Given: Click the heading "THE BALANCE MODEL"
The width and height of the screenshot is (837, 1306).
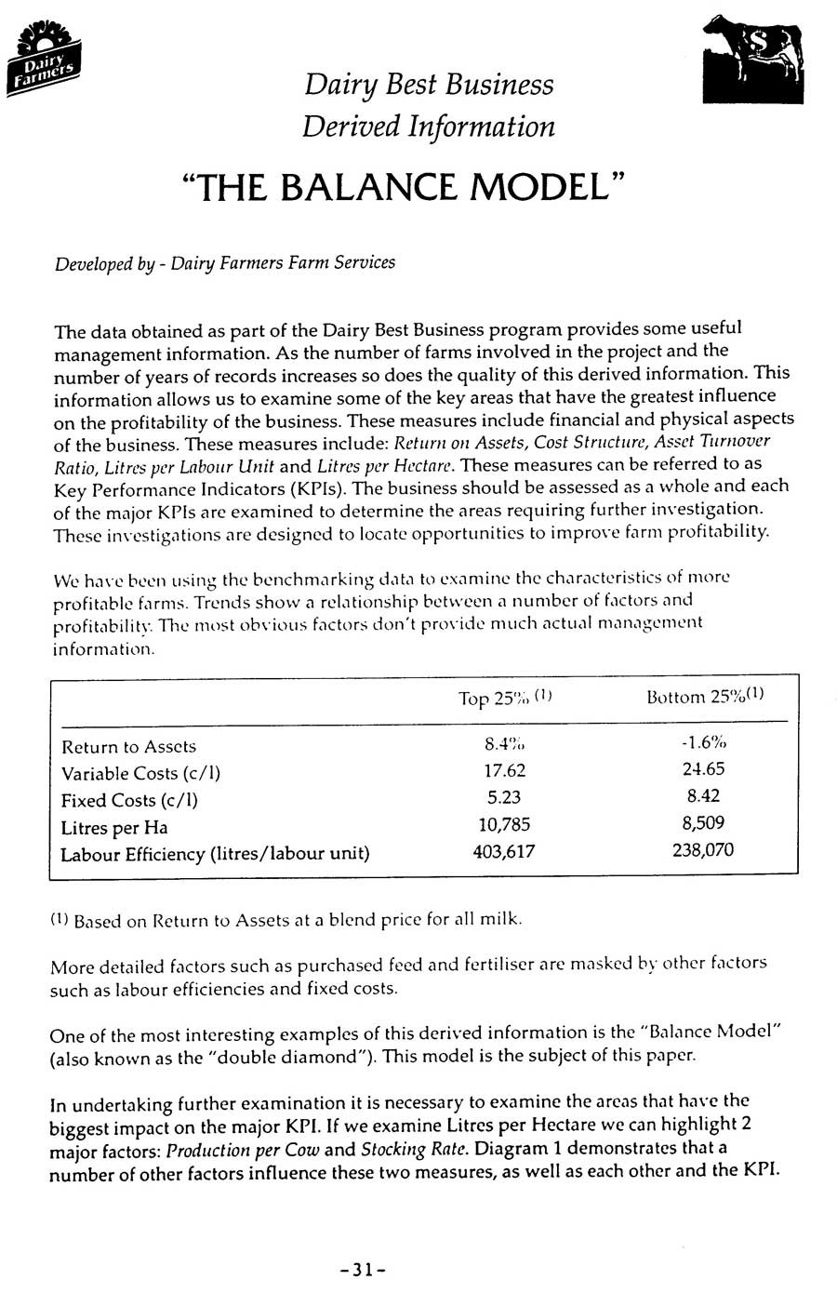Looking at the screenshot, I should [x=403, y=188].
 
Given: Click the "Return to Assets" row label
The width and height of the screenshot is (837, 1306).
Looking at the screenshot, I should [x=128, y=746].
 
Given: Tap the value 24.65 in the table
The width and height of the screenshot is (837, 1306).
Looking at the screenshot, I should [x=702, y=769].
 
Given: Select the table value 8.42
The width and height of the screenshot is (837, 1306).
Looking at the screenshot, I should [x=702, y=796].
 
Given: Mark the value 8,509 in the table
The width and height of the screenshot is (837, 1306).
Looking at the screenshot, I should [x=702, y=822].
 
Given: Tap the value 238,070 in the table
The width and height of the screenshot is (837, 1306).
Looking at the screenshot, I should [x=702, y=849].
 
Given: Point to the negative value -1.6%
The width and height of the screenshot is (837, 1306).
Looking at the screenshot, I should [x=702, y=742].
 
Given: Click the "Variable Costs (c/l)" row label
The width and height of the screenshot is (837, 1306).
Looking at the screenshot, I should [x=140, y=773].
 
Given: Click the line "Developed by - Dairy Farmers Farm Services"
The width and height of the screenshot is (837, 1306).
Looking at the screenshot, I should [x=224, y=262].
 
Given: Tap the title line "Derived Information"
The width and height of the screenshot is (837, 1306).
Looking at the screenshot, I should [x=429, y=126].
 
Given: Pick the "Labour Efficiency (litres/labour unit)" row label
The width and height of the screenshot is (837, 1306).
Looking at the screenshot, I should [x=215, y=853].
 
